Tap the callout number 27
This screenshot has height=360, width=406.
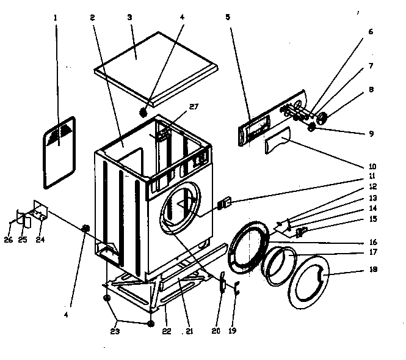pyautogui.click(x=194, y=106)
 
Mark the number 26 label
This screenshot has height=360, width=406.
pyautogui.click(x=8, y=240)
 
